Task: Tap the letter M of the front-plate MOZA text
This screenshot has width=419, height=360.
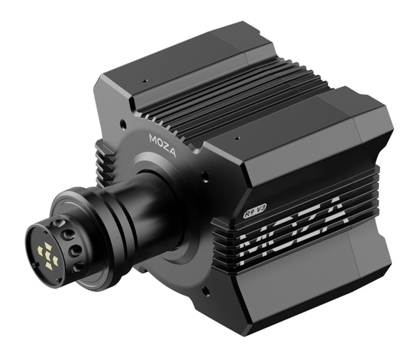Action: (153, 139)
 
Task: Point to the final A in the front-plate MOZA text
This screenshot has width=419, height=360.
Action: (172, 153)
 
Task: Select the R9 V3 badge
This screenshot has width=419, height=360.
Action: (255, 211)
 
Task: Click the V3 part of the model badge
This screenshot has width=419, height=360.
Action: (261, 209)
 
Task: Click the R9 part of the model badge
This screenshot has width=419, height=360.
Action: (249, 213)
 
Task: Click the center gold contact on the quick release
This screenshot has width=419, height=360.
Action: (48, 253)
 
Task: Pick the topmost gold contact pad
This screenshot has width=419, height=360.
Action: (48, 246)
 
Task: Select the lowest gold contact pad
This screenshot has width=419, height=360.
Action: (49, 265)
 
